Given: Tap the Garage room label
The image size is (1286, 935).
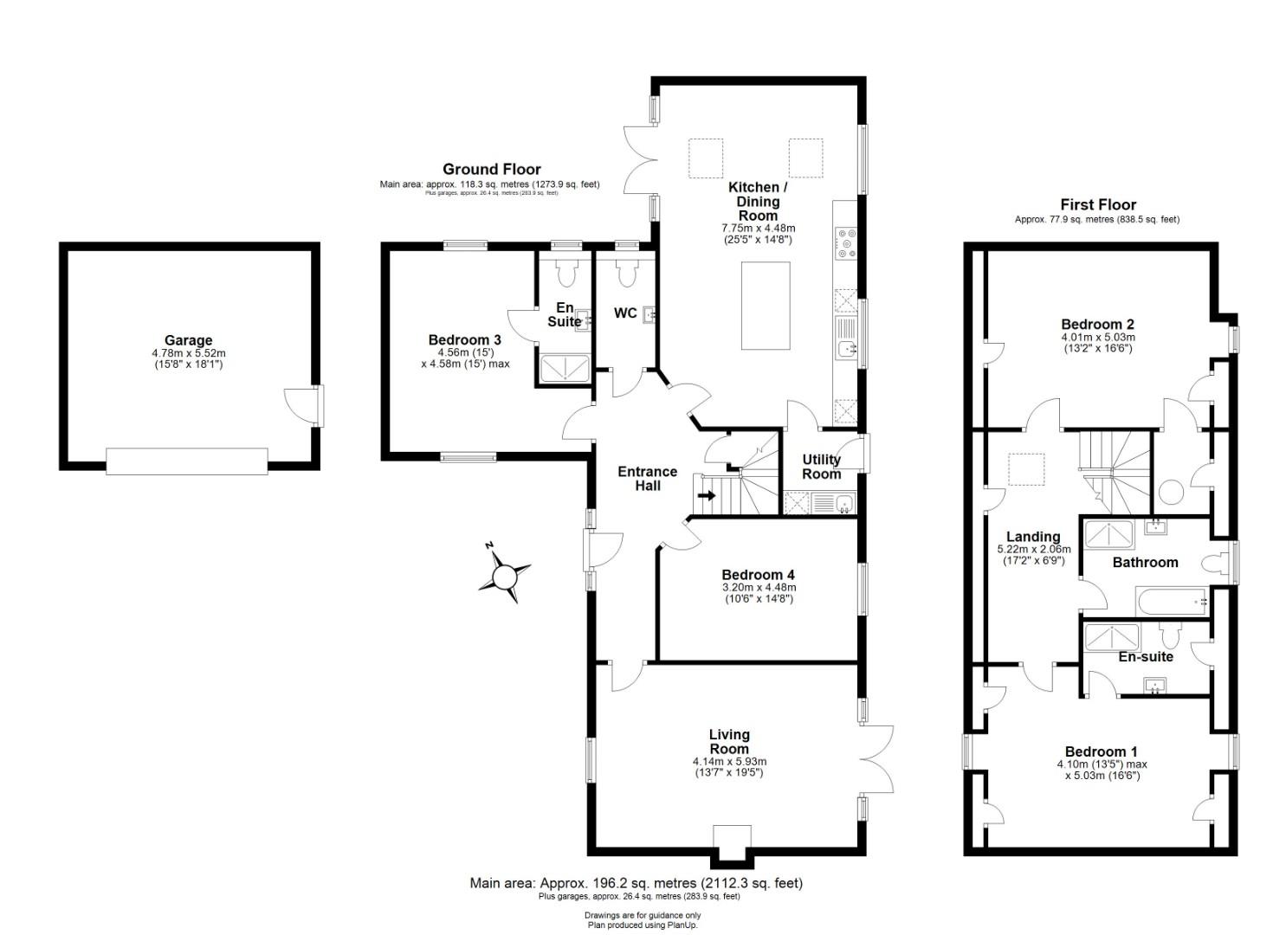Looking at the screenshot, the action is [x=188, y=340].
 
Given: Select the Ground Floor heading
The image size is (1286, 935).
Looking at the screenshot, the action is [x=491, y=170].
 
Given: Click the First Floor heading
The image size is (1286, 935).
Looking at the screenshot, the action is [x=1098, y=205].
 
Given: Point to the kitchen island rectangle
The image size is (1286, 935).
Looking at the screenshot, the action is [x=766, y=306].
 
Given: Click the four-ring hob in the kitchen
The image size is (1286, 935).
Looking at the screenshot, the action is [x=846, y=242].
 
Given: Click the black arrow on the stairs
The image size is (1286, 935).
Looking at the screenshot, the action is [x=707, y=495].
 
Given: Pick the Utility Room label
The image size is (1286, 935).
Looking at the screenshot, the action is [x=822, y=467].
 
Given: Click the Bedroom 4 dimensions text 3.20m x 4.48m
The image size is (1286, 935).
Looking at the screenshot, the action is [x=759, y=587].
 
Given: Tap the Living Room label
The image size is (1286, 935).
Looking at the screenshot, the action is [x=729, y=742].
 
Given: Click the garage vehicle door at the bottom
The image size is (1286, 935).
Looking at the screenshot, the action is [x=186, y=461].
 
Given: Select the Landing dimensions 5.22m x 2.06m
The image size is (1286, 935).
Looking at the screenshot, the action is [x=1033, y=549].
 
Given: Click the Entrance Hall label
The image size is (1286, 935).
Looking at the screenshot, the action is [x=647, y=479].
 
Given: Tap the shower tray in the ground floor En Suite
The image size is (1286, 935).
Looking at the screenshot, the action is [x=565, y=368].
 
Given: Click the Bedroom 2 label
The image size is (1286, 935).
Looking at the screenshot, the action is [x=1097, y=325].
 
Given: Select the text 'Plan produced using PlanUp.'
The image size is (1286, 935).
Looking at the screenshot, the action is [x=643, y=925].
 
